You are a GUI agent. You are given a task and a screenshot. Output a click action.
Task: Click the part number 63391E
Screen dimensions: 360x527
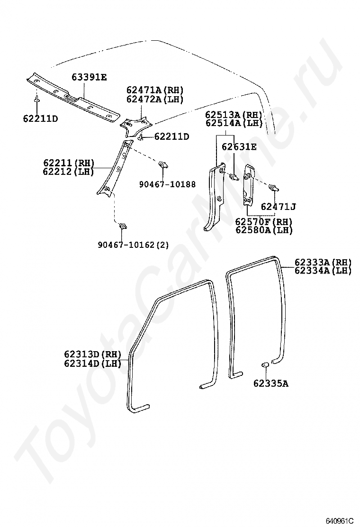[x=90, y=77]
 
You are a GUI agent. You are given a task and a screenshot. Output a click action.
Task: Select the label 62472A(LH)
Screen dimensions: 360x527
[x=154, y=100]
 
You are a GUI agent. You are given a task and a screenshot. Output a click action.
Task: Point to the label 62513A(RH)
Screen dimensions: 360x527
[x=234, y=115]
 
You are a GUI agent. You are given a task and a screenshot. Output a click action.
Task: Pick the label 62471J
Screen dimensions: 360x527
[x=278, y=207]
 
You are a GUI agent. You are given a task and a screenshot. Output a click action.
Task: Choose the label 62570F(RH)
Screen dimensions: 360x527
[x=264, y=222]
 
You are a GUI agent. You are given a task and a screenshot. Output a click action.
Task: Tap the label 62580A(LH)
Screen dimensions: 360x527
[x=264, y=230]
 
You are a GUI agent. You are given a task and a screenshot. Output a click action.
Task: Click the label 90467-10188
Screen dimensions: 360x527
[x=167, y=184]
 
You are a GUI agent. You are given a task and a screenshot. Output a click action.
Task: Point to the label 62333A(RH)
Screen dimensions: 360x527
[x=323, y=262]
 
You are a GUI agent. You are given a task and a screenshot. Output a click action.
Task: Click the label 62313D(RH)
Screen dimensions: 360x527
[x=93, y=354]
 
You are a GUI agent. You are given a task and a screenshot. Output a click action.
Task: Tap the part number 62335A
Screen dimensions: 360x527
[x=270, y=383]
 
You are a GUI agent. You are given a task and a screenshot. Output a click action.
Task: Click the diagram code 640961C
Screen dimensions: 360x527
[x=339, y=520]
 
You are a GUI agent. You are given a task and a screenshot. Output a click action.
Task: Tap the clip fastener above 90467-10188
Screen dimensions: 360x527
[x=163, y=165]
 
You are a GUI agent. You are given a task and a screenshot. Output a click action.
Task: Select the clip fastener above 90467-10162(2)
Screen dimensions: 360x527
[x=123, y=225]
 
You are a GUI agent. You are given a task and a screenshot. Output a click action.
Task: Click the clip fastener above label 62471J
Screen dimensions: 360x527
[x=273, y=188]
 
